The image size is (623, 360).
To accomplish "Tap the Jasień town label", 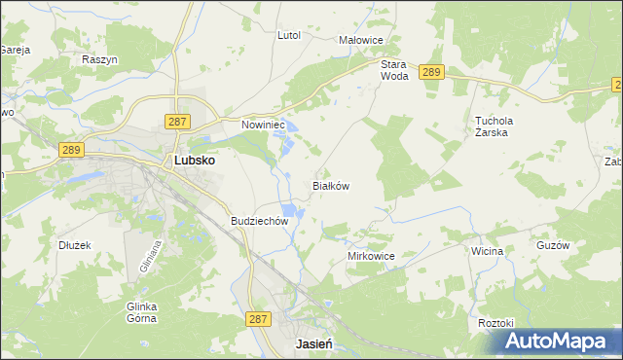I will [x=314, y=344].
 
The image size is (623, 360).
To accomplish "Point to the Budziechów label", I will [x=260, y=221].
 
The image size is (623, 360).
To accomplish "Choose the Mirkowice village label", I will [x=371, y=256].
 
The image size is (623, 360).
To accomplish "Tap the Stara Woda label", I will [x=393, y=69].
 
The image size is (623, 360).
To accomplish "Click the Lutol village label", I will [x=289, y=35].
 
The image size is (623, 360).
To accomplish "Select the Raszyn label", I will [x=99, y=59].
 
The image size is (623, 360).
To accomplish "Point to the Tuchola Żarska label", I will [x=494, y=126].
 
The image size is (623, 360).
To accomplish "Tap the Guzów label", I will [x=552, y=246].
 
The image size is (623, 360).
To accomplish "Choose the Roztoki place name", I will [x=496, y=322].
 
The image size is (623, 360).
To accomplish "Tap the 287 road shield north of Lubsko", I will [x=176, y=121].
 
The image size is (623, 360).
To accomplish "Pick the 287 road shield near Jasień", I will [x=257, y=318].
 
